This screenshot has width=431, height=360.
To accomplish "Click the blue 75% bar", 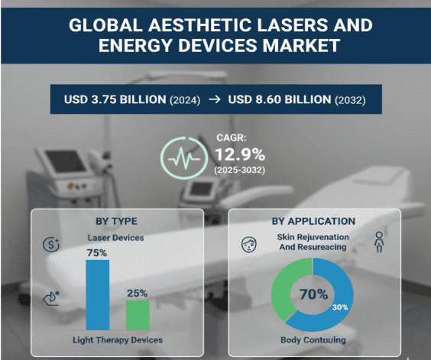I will (97, 294).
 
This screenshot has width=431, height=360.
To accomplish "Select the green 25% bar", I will (138, 314).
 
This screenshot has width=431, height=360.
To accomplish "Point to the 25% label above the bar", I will (138, 294).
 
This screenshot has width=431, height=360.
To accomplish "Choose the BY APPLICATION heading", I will (313, 222).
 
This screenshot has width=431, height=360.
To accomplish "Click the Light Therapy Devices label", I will (117, 339).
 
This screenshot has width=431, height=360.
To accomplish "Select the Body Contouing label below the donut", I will (313, 339).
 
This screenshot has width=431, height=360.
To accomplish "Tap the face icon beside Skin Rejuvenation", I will (248, 245).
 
